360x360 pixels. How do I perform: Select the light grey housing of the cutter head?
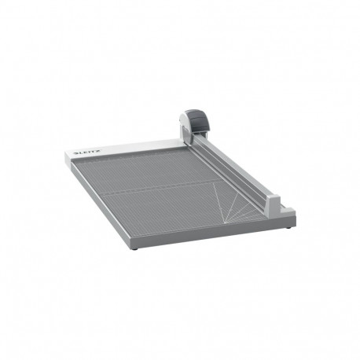click(x=186, y=122)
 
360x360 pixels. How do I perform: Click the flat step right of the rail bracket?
click(x=288, y=211)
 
